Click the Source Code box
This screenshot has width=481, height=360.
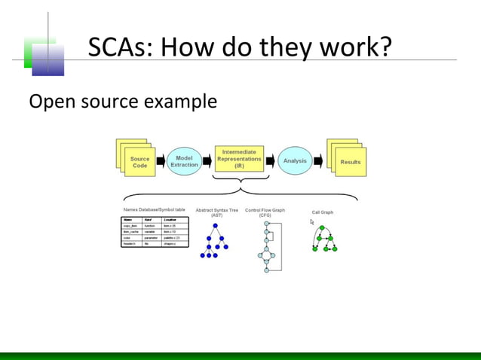(139, 162)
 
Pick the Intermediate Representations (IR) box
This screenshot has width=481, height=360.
(239, 160)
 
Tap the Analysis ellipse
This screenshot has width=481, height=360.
(294, 160)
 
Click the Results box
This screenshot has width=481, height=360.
(349, 162)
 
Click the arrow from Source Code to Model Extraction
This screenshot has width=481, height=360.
(160, 161)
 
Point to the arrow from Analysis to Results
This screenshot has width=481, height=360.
(318, 161)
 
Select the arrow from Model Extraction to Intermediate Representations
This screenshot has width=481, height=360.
(207, 161)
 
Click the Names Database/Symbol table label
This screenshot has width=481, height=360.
(154, 209)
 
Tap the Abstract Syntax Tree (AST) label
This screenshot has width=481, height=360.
(216, 212)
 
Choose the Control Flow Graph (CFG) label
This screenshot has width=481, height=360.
(265, 212)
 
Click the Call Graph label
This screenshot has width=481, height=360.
(323, 212)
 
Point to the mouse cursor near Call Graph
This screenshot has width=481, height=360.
(311, 222)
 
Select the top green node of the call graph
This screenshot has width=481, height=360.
(322, 227)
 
